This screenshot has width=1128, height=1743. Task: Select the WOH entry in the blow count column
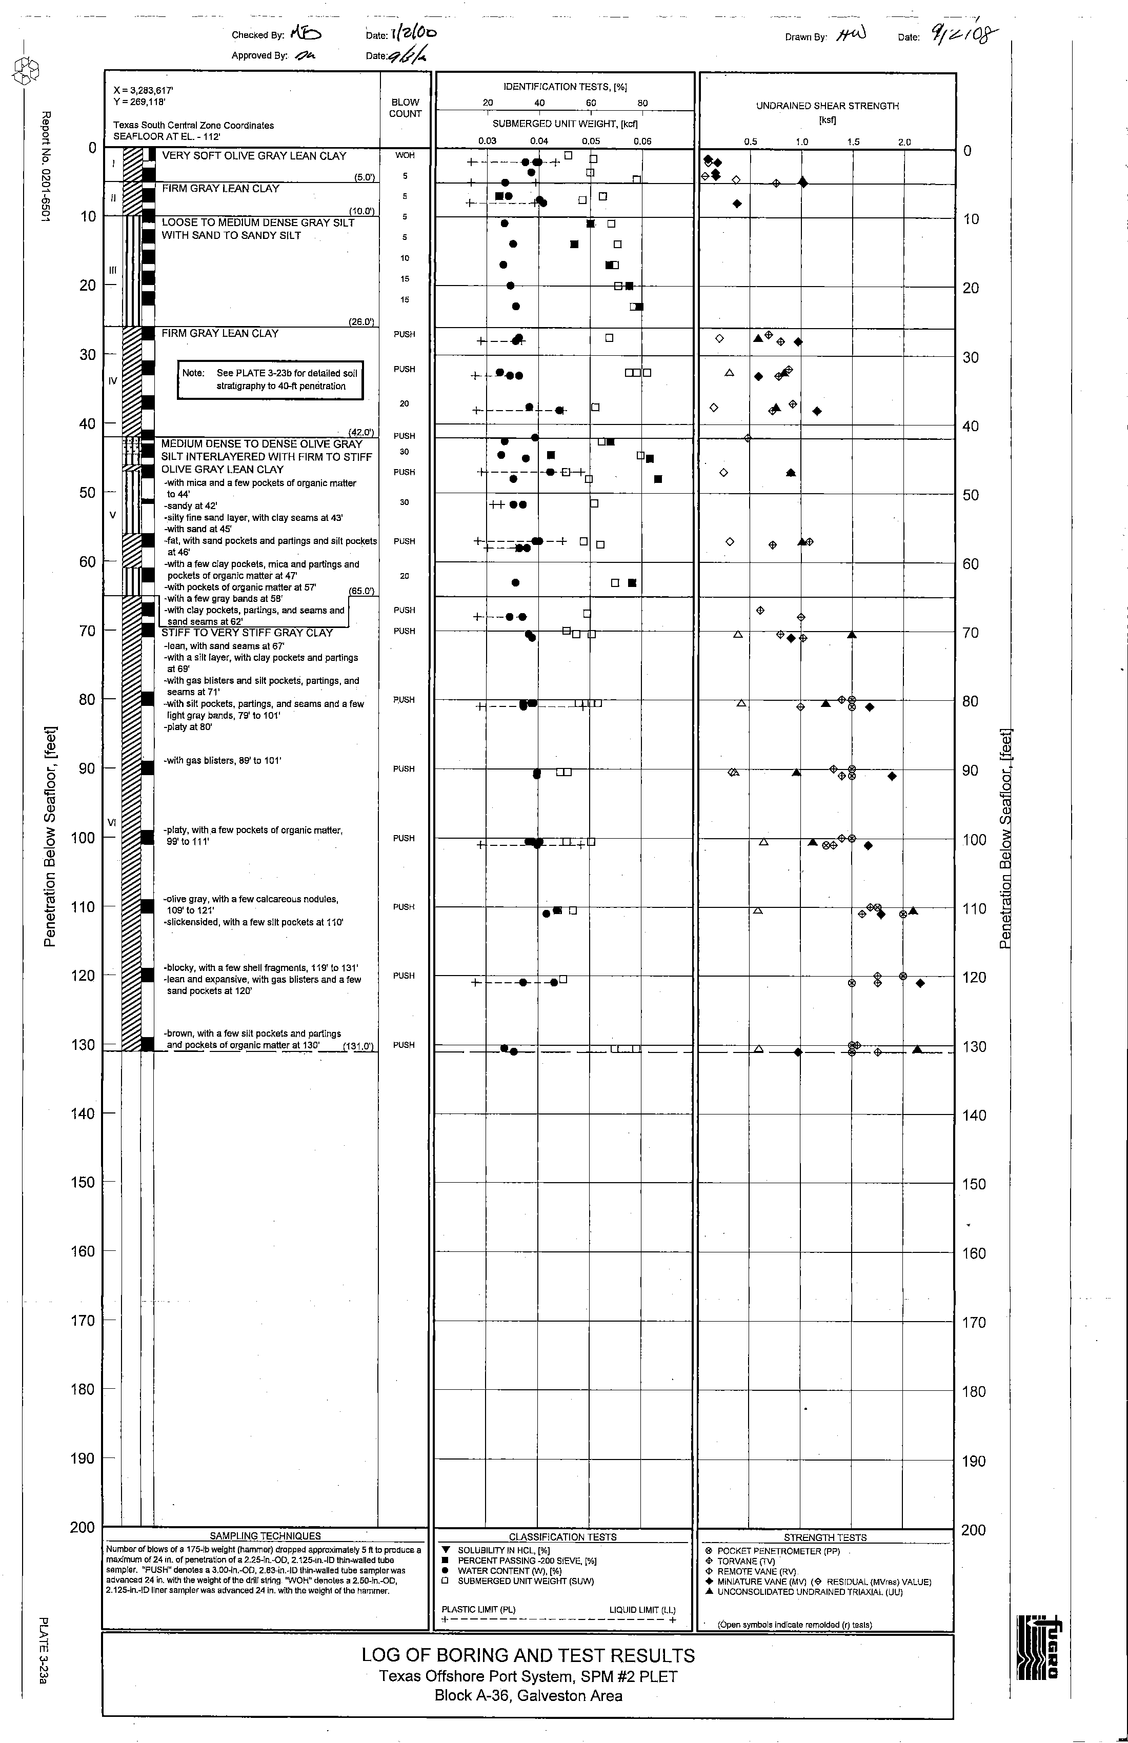[x=405, y=155]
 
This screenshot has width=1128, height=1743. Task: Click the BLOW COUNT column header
[x=405, y=108]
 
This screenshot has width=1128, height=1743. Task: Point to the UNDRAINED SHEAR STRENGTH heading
[x=827, y=106]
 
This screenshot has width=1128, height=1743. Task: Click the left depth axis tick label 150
[x=83, y=1182]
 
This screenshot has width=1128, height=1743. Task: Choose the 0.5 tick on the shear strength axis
[x=750, y=142]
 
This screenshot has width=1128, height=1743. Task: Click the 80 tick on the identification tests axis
[x=642, y=103]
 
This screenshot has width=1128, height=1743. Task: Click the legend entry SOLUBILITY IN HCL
[x=504, y=1550]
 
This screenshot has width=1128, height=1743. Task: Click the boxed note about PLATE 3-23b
[x=270, y=379]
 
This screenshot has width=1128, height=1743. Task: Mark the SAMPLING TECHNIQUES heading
[x=265, y=1536]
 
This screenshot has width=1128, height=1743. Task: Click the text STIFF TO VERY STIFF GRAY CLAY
[x=247, y=633]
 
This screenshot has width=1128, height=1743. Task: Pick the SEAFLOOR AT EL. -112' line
[x=167, y=137]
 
